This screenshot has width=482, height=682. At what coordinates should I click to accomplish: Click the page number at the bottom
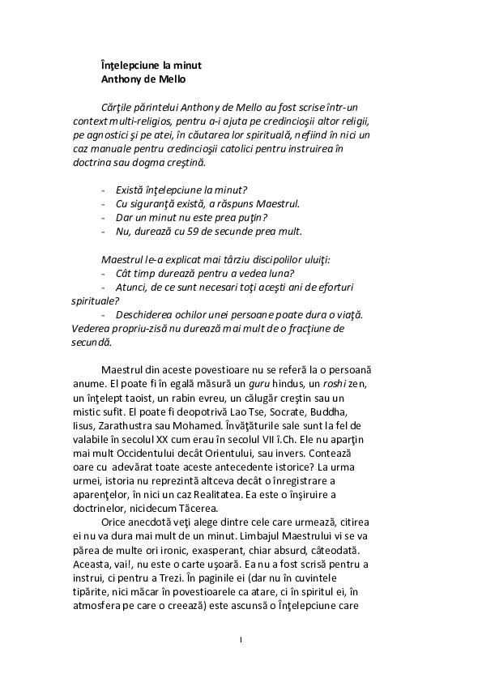[x=241, y=640]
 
